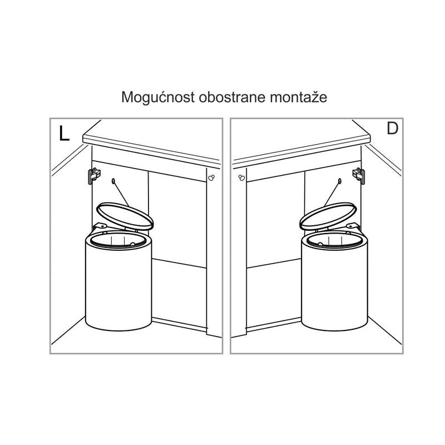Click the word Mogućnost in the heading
coord(158,97)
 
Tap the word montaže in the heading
coord(299,96)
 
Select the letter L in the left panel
coord(64,133)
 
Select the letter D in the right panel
coord(393,128)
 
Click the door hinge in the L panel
coord(94,176)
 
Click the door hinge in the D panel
coord(359,176)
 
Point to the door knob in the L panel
coord(211,177)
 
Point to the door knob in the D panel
coord(241,177)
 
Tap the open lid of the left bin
coord(125,216)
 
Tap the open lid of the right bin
coord(328,216)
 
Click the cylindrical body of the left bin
coord(118,284)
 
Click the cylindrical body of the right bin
coord(334,284)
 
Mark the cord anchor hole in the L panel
coord(113,180)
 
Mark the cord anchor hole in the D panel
coord(339,180)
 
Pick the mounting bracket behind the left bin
coord(100,226)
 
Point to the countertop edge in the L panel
coord(151,150)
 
